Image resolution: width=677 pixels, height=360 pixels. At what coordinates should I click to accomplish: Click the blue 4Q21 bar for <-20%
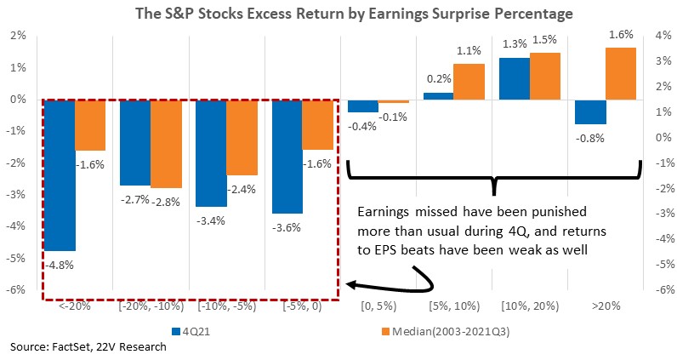click(x=60, y=175)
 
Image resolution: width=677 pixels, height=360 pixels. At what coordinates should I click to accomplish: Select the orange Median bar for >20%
click(x=621, y=73)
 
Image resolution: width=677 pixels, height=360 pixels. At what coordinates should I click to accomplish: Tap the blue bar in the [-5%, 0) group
click(x=287, y=157)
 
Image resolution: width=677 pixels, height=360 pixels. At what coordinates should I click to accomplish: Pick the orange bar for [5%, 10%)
click(x=469, y=82)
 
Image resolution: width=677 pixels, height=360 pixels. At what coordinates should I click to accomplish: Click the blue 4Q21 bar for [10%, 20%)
click(x=515, y=78)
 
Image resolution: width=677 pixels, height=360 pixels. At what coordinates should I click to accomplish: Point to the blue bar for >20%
click(x=590, y=112)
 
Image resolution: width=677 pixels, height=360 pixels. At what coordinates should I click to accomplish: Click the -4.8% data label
click(x=60, y=265)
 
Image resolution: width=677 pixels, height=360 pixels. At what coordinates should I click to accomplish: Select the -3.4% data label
click(x=211, y=220)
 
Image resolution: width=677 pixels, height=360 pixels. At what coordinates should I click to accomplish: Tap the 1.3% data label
click(x=515, y=44)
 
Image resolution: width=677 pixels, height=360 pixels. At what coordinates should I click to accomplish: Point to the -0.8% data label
click(x=589, y=138)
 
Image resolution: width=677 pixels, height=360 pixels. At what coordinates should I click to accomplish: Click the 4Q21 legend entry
click(x=191, y=331)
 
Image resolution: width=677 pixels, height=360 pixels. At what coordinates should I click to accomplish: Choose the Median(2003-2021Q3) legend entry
click(x=446, y=331)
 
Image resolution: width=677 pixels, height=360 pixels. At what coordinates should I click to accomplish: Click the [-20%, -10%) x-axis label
click(x=151, y=306)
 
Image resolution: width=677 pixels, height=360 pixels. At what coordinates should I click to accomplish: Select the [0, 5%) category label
click(x=378, y=306)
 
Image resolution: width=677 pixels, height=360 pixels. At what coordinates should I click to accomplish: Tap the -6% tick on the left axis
click(x=16, y=289)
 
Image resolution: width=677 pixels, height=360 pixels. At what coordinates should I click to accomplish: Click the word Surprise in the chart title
click(x=406, y=14)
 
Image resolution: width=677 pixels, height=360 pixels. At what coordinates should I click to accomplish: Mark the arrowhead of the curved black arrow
click(x=351, y=285)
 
